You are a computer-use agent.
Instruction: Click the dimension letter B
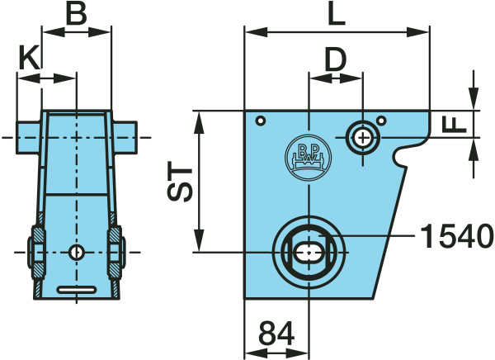point(77,15)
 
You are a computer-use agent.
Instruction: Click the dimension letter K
point(30,57)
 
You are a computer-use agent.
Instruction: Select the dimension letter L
point(337,15)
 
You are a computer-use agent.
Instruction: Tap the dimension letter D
point(336,59)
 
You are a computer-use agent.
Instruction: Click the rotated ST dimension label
point(179,182)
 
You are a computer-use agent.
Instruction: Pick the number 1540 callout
point(457,236)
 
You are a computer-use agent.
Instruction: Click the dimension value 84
point(276,333)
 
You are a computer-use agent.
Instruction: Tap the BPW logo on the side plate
point(308,158)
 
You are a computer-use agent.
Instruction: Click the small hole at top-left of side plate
point(261,121)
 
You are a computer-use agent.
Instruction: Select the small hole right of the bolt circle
point(382,121)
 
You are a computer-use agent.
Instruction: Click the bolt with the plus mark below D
point(363,138)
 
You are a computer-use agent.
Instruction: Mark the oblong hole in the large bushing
point(309,252)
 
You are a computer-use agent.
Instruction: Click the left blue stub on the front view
point(28,138)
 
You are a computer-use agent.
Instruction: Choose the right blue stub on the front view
point(125,138)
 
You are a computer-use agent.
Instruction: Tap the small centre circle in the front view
point(76,252)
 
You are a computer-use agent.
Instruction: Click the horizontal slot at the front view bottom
point(77,290)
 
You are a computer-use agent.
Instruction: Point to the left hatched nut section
point(39,252)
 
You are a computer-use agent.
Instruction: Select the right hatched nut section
point(115,252)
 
